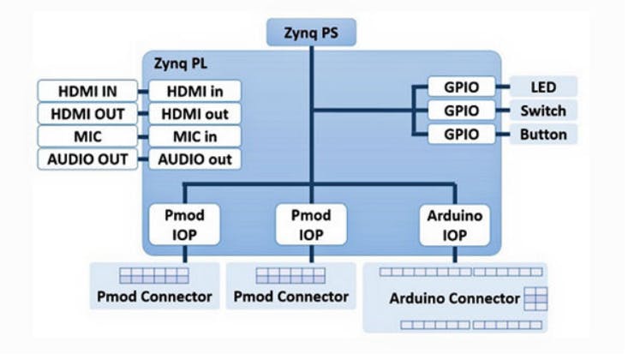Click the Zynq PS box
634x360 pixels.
[x=312, y=33]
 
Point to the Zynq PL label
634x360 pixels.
[x=179, y=63]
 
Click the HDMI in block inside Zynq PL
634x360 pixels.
[x=193, y=91]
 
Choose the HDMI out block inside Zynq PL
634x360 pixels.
[x=193, y=113]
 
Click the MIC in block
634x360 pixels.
[x=193, y=136]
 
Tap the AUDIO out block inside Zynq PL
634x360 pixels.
[x=193, y=159]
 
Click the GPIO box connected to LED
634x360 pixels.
[x=461, y=87]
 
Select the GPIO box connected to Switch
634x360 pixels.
[x=461, y=111]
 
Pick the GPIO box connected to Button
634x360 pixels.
[x=461, y=134]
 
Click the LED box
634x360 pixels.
[x=543, y=87]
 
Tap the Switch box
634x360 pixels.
[x=543, y=111]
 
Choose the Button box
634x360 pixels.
[x=543, y=134]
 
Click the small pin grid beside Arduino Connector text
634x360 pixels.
[x=535, y=298]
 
